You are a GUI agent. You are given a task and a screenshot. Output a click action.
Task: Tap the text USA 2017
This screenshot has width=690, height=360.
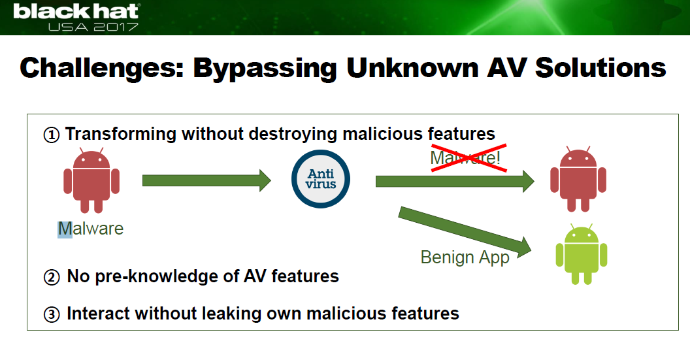(93, 27)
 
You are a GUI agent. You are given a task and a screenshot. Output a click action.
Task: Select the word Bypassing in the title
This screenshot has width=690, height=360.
(265, 69)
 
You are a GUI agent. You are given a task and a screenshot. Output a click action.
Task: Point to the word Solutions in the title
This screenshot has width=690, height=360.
(600, 68)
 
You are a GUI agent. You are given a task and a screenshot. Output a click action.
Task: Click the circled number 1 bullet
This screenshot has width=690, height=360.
(52, 135)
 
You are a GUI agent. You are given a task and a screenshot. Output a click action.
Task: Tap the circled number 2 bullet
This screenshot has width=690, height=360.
(52, 277)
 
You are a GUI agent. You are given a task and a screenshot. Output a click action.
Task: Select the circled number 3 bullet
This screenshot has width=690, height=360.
(52, 314)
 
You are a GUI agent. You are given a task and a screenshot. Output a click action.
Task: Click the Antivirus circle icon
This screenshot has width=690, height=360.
(321, 178)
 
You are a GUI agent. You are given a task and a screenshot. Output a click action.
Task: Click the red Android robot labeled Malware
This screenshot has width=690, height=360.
(91, 180)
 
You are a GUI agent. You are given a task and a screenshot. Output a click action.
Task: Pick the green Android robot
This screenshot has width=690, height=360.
(582, 254)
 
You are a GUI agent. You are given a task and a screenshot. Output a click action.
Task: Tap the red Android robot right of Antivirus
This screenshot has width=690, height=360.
(578, 179)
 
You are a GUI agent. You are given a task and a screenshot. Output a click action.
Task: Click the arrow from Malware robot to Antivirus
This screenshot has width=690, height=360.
(206, 180)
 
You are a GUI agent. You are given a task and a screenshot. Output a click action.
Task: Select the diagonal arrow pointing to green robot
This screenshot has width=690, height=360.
(465, 232)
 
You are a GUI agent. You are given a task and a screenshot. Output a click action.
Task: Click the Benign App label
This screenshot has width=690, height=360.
(465, 257)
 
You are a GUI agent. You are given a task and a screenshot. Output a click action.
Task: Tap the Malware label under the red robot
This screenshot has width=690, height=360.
(91, 229)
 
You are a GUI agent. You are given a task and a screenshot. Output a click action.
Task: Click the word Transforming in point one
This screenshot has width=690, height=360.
(121, 134)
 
